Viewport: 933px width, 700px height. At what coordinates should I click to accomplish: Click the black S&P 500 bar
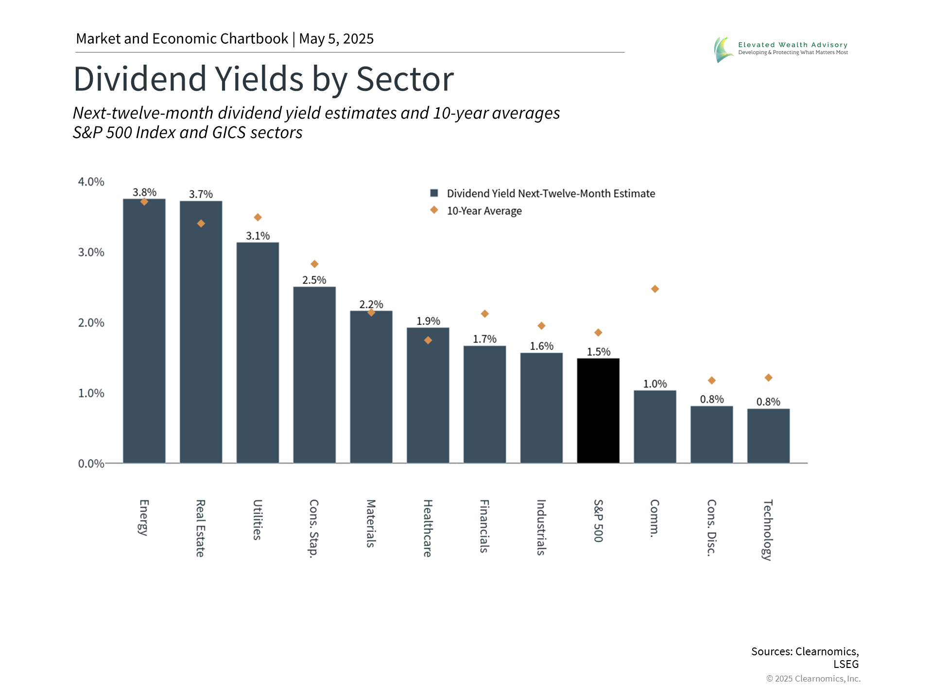598,411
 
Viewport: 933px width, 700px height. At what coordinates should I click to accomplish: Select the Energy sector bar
144,331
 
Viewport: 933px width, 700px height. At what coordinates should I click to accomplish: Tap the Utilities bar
258,352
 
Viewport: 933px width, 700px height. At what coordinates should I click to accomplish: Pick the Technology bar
768,436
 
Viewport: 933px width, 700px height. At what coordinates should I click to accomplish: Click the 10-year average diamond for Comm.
655,289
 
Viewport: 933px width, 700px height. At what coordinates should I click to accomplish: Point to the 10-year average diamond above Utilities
258,217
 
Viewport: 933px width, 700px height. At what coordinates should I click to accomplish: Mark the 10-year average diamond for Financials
484,314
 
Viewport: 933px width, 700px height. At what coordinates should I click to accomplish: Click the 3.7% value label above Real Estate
201,194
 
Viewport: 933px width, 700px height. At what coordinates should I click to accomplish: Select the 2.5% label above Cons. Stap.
314,280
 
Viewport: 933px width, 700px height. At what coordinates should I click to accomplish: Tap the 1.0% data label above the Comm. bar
655,384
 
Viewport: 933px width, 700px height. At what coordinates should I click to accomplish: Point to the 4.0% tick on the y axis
91,182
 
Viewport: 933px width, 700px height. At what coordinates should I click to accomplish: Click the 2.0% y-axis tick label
91,323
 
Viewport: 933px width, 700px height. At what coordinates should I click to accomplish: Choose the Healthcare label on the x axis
428,528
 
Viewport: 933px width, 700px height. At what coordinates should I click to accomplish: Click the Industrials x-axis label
541,527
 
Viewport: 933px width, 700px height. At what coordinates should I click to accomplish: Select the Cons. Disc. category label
711,527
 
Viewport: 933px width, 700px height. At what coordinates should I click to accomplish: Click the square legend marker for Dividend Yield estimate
434,193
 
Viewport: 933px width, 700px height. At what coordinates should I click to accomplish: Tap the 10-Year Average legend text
484,211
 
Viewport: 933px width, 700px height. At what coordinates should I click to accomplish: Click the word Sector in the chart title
405,79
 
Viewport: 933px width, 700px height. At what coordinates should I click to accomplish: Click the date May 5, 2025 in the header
336,39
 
